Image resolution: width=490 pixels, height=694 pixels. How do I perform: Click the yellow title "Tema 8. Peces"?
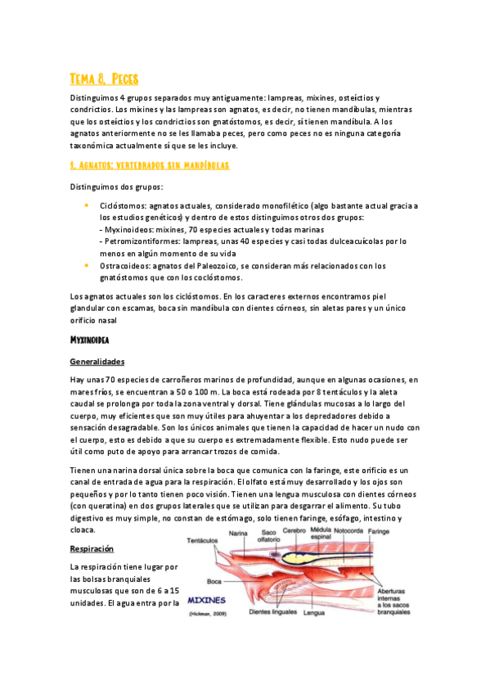pos(104,79)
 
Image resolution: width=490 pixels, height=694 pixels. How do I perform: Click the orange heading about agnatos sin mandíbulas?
pos(149,164)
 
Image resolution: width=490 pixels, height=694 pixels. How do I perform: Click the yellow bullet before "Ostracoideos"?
pos(87,265)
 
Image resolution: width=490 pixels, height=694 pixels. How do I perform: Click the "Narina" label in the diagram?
pos(238,532)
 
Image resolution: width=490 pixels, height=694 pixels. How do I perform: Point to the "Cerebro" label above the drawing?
pos(294,530)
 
